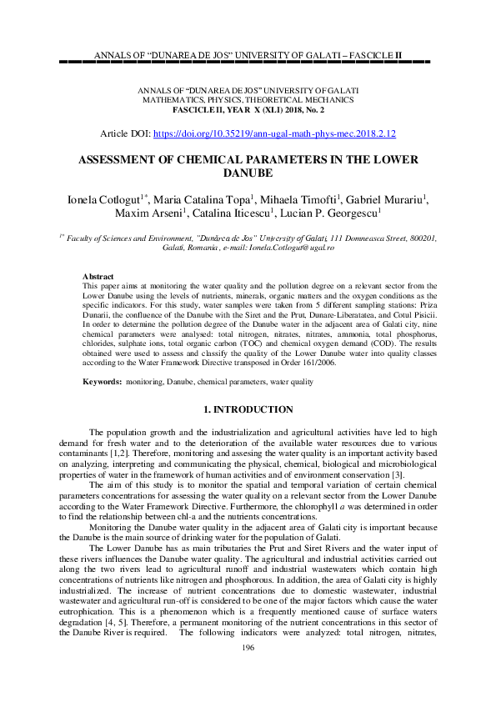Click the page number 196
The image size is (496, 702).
click(x=248, y=671)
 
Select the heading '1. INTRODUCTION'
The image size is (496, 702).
click(x=248, y=409)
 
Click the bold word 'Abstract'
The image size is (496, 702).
click(x=98, y=276)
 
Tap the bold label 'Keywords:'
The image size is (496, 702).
click(x=102, y=382)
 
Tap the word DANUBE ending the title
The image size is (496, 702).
click(x=248, y=174)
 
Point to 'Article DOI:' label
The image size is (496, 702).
click(x=126, y=133)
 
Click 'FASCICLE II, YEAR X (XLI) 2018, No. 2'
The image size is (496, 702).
click(x=248, y=109)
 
